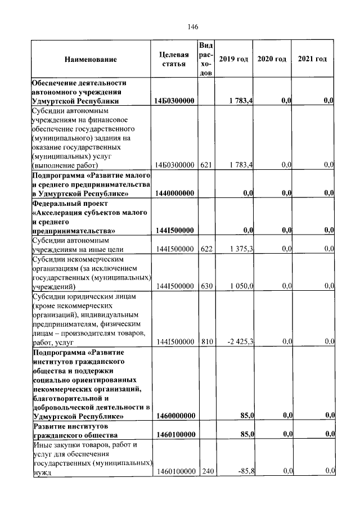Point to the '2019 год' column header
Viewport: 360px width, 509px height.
[233, 60]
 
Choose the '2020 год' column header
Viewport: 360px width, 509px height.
[272, 60]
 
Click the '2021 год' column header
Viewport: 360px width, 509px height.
[312, 60]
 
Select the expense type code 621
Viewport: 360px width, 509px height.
[205, 165]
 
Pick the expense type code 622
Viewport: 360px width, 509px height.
[205, 249]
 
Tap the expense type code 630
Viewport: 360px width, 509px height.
[205, 286]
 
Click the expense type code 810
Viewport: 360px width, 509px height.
[205, 341]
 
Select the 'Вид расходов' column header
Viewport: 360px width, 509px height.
[205, 59]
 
